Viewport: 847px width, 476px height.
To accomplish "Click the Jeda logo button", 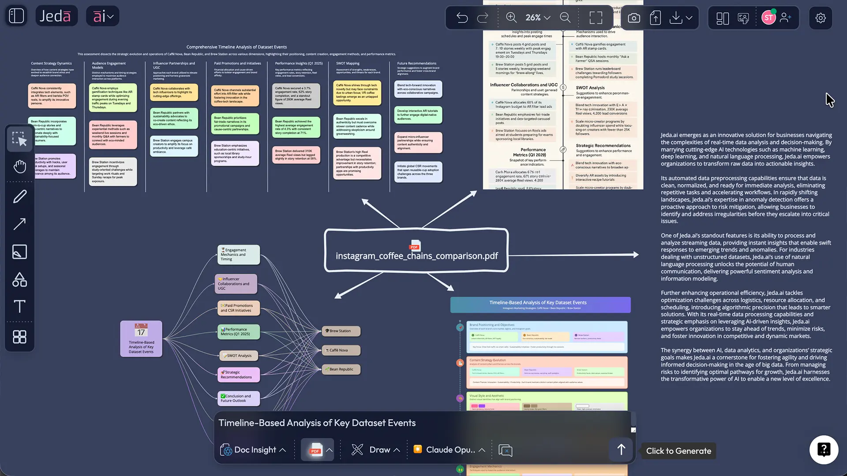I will tap(56, 16).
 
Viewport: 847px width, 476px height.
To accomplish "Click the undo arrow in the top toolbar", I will tap(462, 18).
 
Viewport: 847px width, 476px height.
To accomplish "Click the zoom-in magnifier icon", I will tap(511, 18).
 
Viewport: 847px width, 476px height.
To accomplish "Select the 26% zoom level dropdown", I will tap(537, 18).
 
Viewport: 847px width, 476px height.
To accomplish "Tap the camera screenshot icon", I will tap(633, 18).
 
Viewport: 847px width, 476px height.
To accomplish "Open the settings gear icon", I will tap(820, 18).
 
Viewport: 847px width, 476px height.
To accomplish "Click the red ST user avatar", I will tap(768, 18).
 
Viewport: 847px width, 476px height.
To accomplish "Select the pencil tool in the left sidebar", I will tap(20, 197).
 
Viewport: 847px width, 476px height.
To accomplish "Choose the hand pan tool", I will tap(20, 167).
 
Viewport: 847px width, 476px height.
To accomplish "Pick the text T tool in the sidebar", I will tap(20, 306).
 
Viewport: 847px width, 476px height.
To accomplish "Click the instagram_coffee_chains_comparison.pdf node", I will tap(416, 250).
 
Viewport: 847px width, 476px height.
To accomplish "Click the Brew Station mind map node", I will tap(341, 331).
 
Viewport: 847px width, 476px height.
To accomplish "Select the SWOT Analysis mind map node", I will tap(239, 356).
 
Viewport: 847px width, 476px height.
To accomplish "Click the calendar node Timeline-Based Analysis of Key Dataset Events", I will tap(141, 338).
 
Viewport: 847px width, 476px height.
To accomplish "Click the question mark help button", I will tap(823, 450).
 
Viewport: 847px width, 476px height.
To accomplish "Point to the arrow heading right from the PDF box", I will tap(573, 255).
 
